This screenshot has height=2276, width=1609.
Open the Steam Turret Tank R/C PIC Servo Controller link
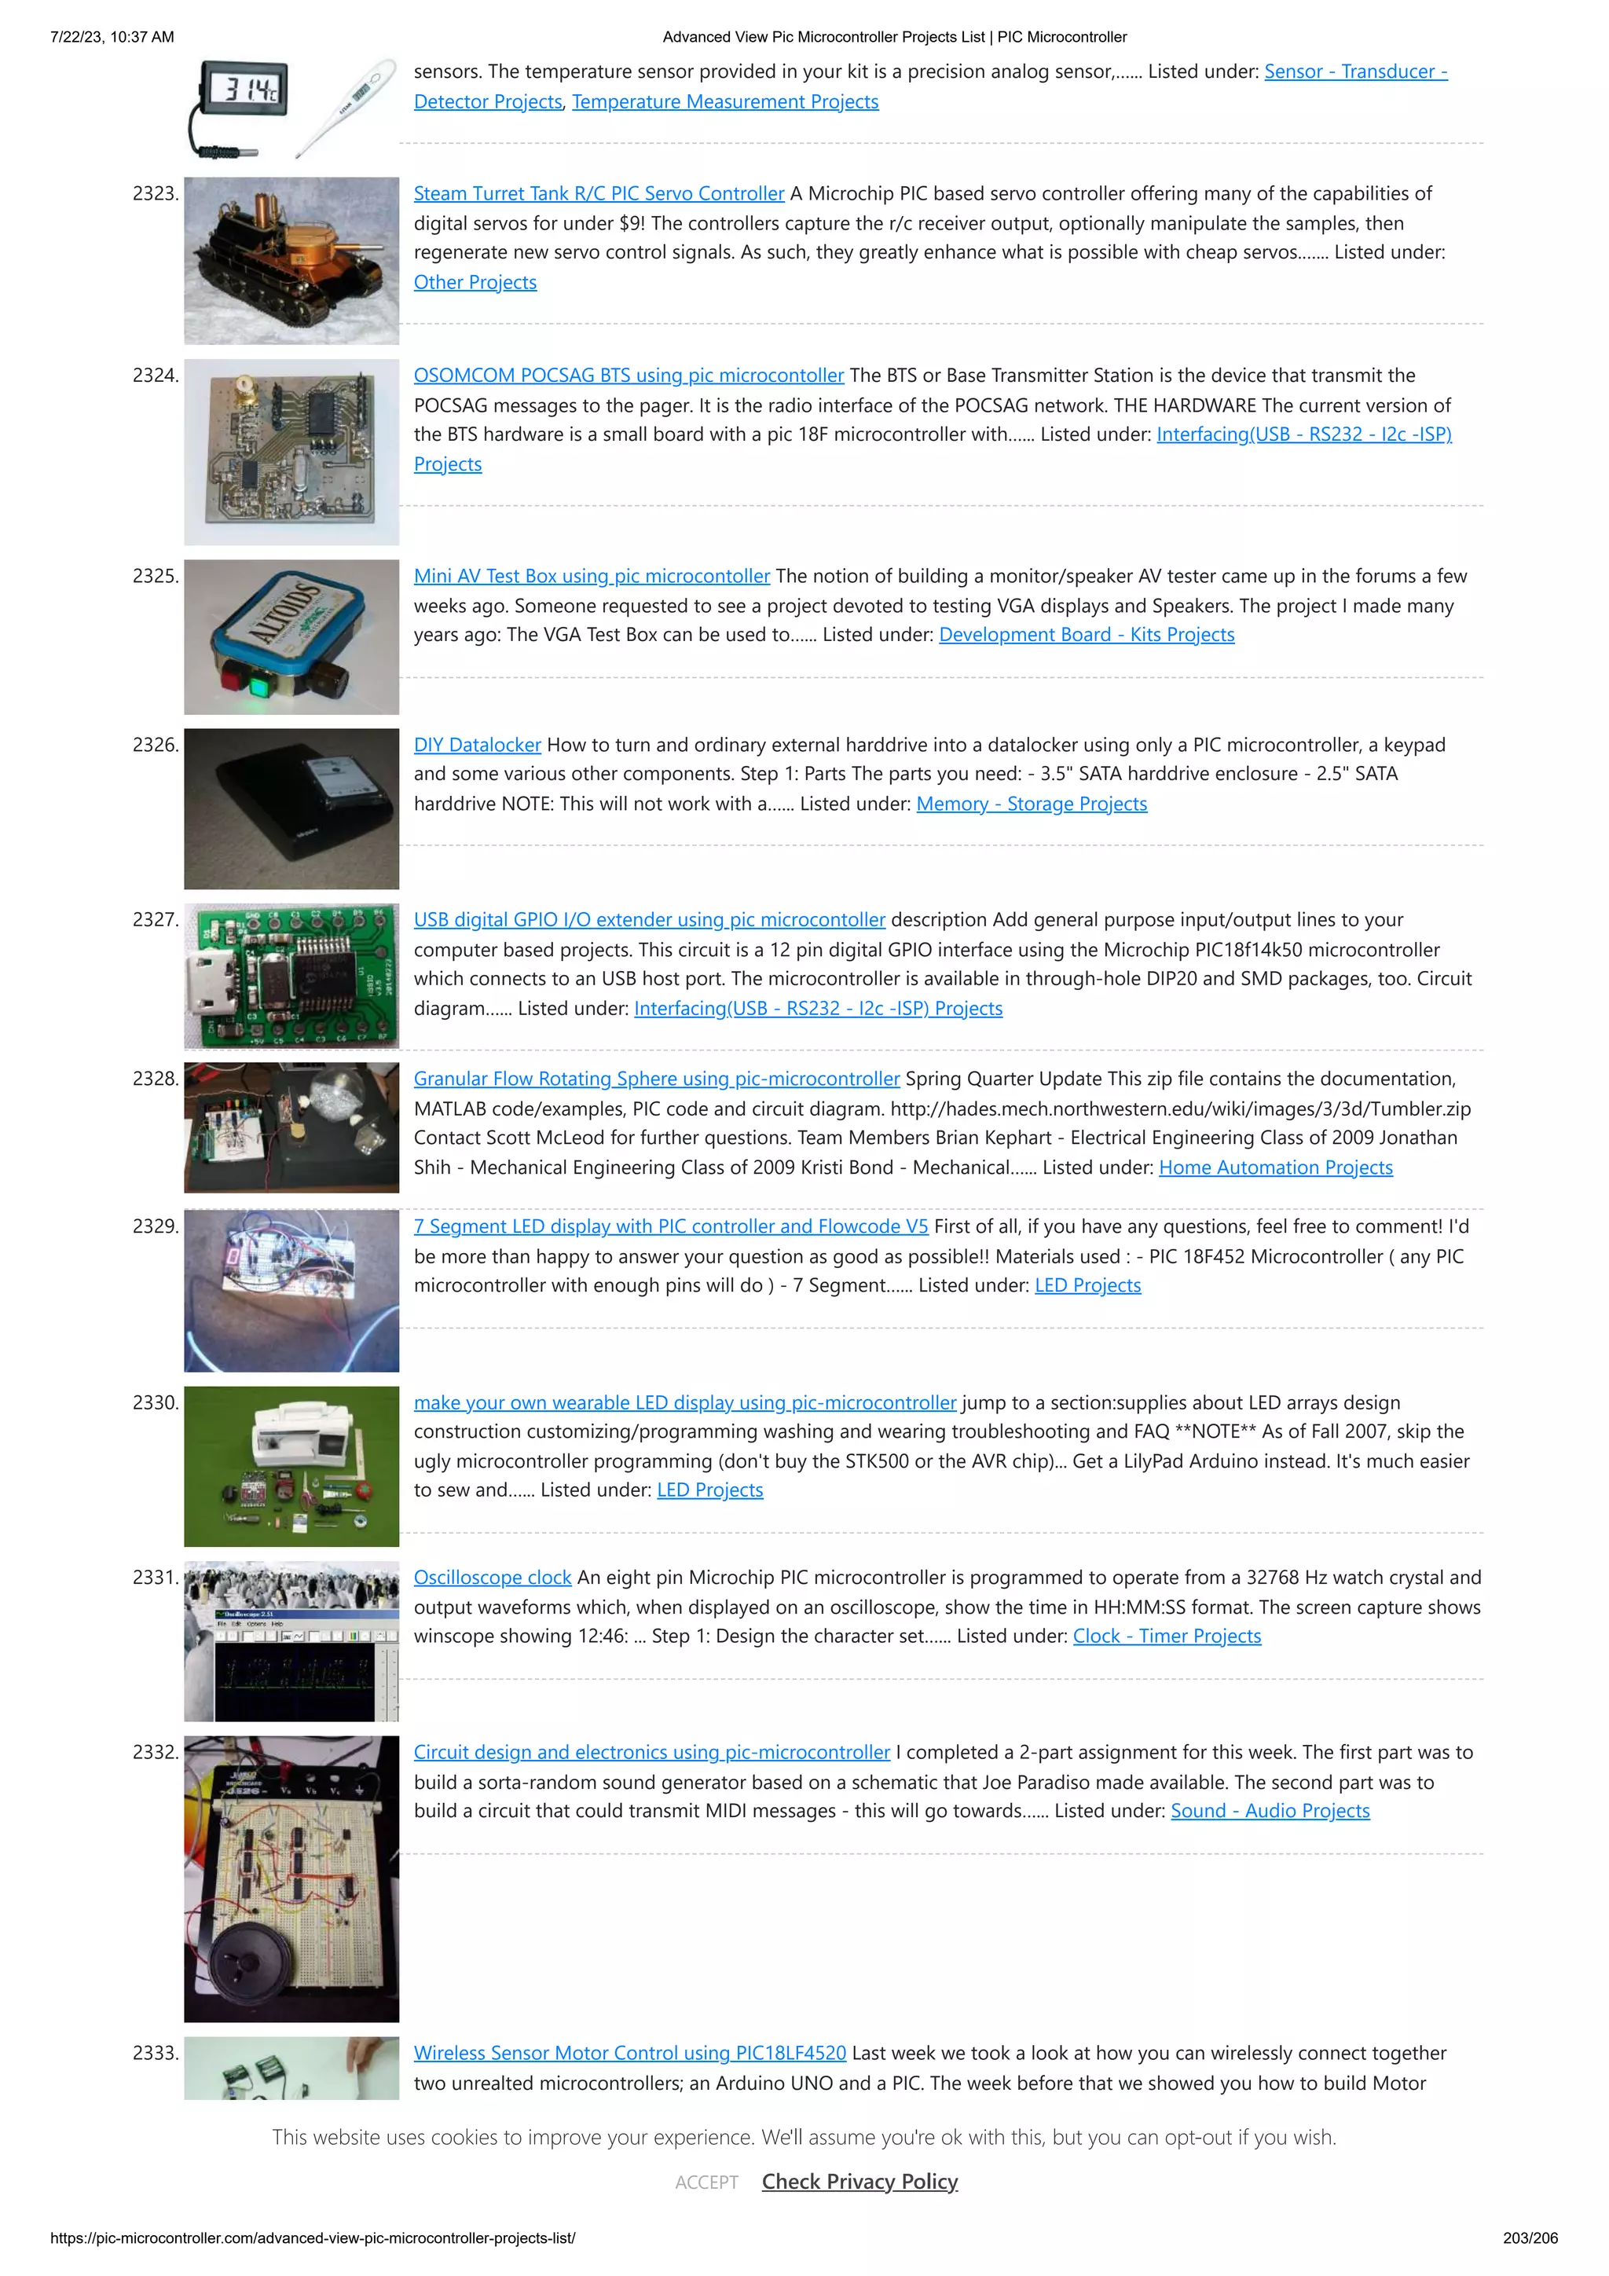598,194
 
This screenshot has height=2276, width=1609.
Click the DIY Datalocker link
477,746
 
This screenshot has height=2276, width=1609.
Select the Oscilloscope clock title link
492,1577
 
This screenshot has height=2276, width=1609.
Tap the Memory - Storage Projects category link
1031,804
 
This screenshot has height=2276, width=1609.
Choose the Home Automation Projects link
1275,1167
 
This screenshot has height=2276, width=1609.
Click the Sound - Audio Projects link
1269,1811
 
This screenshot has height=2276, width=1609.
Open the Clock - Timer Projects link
1166,1636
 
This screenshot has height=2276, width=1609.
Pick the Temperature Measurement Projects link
724,102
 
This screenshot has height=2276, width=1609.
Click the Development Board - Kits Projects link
1086,636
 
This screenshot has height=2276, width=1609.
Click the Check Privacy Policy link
859,2182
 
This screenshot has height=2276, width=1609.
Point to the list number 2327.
156,920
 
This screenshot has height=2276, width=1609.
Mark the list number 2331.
156,1577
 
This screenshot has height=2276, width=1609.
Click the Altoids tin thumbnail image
291,637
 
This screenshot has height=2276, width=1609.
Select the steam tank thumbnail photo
291,261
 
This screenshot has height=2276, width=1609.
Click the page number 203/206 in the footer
1530,2238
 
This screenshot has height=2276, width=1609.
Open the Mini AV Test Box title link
591,577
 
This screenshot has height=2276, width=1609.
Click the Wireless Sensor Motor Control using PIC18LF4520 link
629,2053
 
